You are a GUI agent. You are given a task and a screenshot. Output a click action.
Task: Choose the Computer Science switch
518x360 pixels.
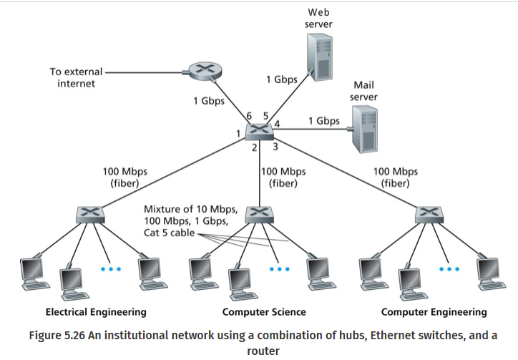pos(259,214)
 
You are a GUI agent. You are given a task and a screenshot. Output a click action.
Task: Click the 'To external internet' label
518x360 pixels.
pos(76,77)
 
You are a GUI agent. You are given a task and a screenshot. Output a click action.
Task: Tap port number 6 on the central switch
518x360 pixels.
pos(250,116)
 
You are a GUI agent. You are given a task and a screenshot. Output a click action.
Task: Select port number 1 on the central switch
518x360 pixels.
pos(238,134)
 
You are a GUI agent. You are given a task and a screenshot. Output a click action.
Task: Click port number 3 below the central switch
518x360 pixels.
pos(274,147)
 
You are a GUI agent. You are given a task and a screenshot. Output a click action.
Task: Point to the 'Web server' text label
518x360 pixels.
pos(318,19)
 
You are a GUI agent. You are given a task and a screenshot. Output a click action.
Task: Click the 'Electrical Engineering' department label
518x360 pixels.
pos(96,311)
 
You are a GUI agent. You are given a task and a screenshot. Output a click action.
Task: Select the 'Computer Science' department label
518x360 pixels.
pos(264,311)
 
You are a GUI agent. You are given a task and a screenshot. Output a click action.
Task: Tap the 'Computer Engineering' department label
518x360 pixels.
pos(434,311)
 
